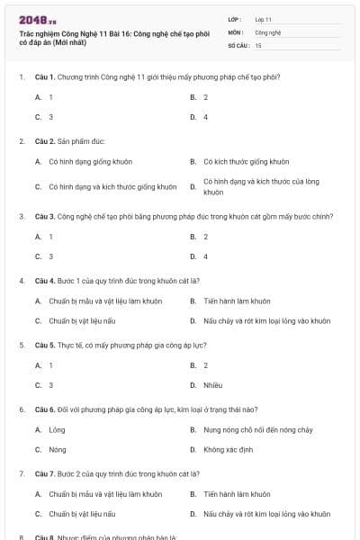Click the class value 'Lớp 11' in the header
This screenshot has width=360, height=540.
(x=263, y=19)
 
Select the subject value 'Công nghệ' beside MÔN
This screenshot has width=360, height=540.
(x=268, y=31)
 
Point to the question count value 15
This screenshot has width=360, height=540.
(x=258, y=44)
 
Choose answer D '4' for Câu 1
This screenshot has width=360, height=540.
(x=205, y=117)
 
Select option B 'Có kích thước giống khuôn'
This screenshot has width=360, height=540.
(x=246, y=162)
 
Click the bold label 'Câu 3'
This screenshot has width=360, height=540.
(x=46, y=216)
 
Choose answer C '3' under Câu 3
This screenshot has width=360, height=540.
(x=50, y=256)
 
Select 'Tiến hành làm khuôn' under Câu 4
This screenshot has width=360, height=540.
(x=237, y=301)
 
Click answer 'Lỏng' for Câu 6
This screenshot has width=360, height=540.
(x=58, y=430)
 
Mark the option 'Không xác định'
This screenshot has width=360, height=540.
(x=226, y=449)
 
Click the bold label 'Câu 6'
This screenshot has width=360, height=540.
(x=46, y=409)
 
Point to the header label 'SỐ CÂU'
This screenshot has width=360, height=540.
(x=237, y=44)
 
